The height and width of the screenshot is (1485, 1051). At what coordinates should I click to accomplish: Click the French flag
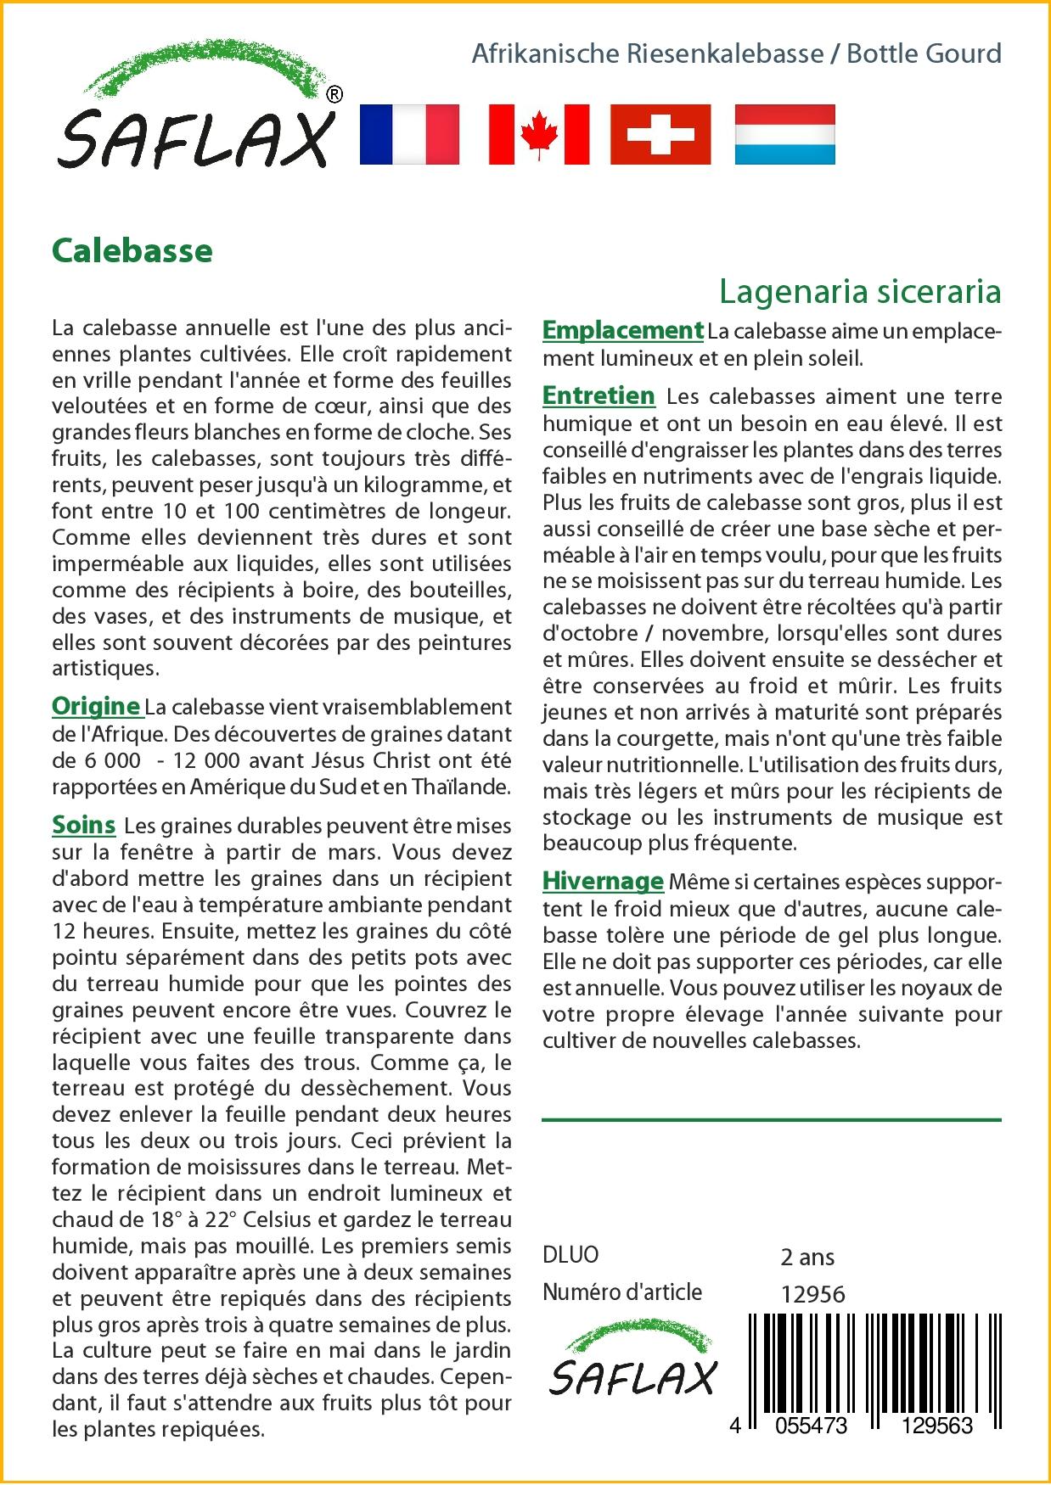click(409, 134)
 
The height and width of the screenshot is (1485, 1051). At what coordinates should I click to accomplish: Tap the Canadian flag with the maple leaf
click(539, 134)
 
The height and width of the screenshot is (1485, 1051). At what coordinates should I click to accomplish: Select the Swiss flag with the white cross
click(660, 134)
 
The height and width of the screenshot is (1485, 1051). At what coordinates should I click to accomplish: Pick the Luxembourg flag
click(784, 134)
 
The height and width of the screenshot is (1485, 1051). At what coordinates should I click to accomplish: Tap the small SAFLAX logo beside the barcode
click(632, 1363)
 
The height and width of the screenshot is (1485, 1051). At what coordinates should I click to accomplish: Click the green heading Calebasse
click(132, 251)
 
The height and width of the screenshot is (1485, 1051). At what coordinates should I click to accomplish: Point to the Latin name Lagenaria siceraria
click(860, 291)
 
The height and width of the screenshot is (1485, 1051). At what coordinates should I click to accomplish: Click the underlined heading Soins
click(83, 825)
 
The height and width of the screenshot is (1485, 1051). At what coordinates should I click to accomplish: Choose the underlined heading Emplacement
click(623, 330)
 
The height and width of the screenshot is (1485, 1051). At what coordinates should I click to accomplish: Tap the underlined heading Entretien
click(599, 395)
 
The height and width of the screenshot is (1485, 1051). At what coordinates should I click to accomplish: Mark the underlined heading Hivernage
click(603, 881)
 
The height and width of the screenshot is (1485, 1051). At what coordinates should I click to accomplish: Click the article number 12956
click(812, 1294)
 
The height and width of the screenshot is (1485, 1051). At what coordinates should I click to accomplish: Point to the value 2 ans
click(807, 1257)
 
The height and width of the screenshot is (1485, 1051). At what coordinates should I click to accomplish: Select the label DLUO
click(570, 1255)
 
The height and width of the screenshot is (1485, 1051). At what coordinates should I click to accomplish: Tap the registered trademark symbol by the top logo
click(334, 94)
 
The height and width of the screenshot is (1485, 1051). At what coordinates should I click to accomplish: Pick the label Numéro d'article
click(622, 1292)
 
